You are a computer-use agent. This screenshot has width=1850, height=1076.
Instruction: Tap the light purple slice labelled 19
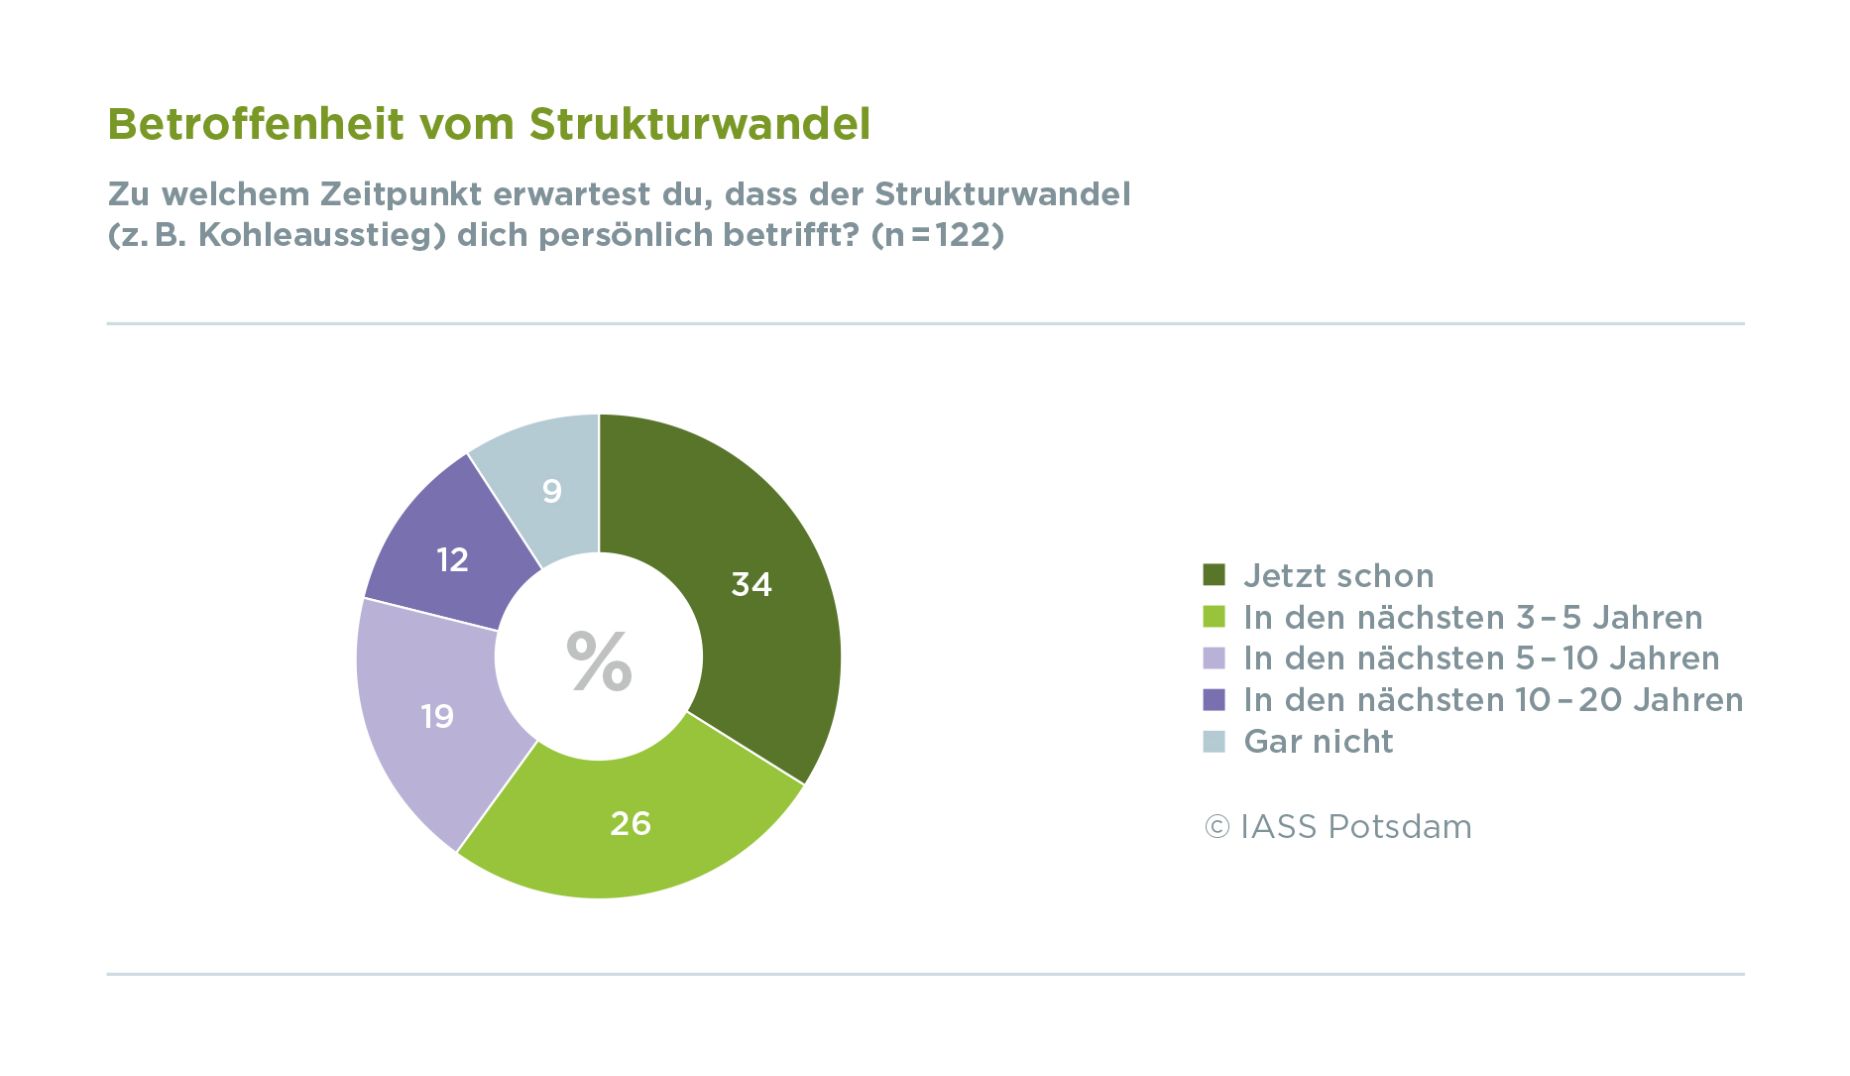(437, 716)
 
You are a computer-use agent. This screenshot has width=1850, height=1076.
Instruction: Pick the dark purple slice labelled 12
(452, 560)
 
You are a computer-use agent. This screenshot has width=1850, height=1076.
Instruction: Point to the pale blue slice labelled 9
(552, 491)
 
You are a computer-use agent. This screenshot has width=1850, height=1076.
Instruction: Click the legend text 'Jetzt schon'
(1338, 576)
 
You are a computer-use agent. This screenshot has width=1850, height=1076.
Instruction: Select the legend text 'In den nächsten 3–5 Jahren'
(1472, 618)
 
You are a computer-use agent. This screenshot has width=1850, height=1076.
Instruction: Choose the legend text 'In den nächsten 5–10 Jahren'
(1481, 658)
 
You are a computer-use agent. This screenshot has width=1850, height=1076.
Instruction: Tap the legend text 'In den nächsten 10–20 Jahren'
(1493, 700)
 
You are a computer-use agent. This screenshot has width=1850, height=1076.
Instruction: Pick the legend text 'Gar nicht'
(1318, 742)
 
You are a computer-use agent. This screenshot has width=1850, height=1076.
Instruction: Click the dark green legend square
(1214, 575)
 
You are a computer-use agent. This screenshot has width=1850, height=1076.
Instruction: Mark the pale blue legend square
(1214, 742)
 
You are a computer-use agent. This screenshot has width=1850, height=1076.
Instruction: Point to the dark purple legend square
(1214, 700)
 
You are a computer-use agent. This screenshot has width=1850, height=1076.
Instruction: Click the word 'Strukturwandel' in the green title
(700, 125)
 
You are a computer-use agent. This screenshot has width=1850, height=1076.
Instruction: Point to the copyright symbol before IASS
(1216, 827)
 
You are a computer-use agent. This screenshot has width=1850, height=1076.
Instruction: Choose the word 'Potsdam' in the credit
(1400, 827)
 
